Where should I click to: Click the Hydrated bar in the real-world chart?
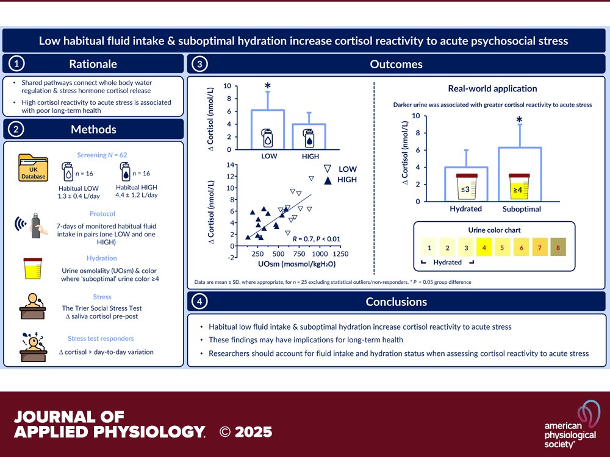[x=466, y=185]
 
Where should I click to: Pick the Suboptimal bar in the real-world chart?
[x=520, y=175]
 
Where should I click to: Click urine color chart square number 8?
[x=558, y=248]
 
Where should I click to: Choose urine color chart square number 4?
[x=484, y=248]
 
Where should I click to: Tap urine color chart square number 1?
[x=429, y=248]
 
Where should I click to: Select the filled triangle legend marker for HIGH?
[x=328, y=180]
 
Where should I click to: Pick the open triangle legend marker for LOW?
[x=328, y=169]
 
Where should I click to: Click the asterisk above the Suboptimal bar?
[x=520, y=119]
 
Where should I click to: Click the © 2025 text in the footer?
[x=246, y=432]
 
